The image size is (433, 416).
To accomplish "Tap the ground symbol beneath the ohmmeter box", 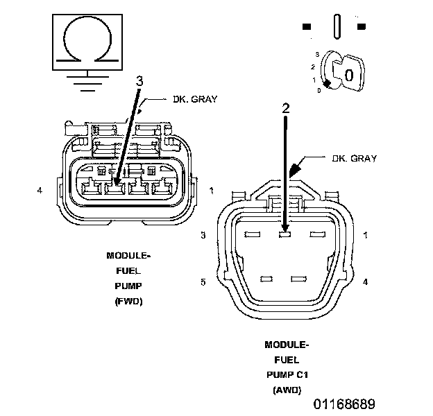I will tap(85, 82).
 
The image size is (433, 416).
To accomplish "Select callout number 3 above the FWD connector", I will tap(139, 81).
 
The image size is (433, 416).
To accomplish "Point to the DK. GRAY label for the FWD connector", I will tap(195, 99).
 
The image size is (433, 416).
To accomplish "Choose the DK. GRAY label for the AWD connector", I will tap(354, 159).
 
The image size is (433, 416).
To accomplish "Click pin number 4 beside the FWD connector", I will tap(41, 189).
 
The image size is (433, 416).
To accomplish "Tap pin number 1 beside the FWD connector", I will tap(211, 189).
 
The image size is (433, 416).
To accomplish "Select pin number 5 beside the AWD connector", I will tap(203, 281).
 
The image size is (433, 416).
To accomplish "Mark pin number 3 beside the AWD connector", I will tap(203, 236).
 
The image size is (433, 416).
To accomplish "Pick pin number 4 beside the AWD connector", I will tap(365, 281).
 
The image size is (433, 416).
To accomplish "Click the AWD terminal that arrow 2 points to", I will tap(284, 235).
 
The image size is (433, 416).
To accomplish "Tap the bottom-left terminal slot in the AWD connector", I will tap(266, 279).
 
